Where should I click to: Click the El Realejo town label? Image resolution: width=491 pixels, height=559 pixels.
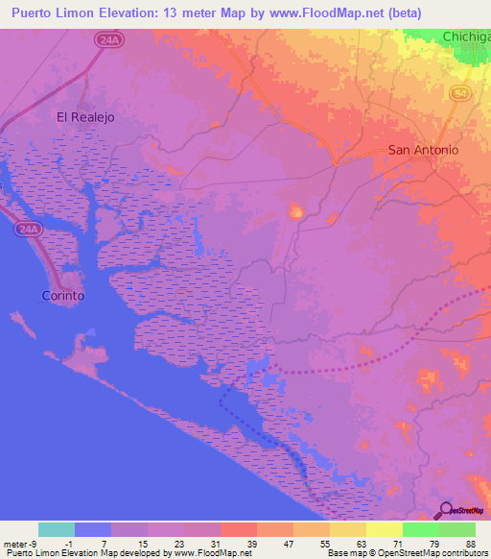[x=85, y=117]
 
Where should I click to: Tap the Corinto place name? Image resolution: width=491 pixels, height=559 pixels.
[x=63, y=296]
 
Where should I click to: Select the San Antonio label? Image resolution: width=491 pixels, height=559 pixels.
[x=423, y=150]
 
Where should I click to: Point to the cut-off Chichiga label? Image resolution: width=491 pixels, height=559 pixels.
[x=466, y=36]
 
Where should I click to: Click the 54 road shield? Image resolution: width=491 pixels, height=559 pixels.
[x=461, y=92]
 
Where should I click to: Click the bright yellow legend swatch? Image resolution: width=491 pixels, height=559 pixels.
[x=384, y=529]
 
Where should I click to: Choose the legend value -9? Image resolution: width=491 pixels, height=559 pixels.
[x=33, y=544]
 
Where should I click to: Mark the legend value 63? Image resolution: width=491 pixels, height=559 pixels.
[x=362, y=544]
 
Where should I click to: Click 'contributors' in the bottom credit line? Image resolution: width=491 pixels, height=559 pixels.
[x=464, y=553]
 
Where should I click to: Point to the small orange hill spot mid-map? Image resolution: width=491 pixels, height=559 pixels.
[x=296, y=212]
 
